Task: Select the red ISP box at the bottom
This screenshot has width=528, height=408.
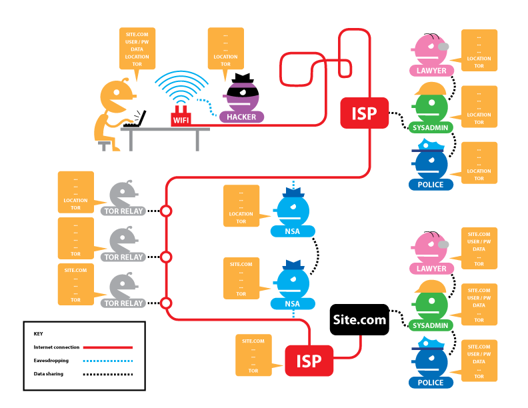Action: click(309, 361)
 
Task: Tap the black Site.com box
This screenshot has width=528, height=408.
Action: click(359, 319)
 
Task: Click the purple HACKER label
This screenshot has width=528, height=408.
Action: click(241, 117)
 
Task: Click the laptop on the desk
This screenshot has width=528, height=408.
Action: click(136, 120)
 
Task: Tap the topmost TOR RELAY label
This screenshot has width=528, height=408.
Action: click(124, 211)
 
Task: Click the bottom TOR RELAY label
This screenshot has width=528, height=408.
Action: click(124, 303)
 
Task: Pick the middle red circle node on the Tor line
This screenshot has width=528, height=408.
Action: click(167, 257)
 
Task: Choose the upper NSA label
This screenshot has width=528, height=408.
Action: click(293, 231)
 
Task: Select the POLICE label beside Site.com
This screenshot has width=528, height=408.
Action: click(431, 383)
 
